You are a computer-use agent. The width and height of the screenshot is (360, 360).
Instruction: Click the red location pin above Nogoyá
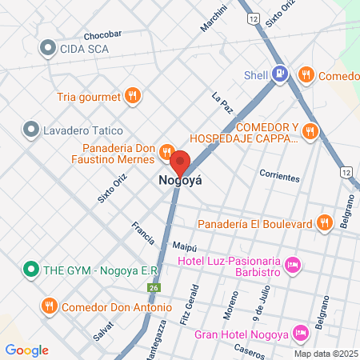pos(180,160)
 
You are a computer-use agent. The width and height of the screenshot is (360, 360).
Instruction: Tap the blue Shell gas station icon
pos(279,75)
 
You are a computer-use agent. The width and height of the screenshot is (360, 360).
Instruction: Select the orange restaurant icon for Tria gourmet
pos(133,97)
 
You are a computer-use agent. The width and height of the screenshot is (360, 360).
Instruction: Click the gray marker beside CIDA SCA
pos(49,49)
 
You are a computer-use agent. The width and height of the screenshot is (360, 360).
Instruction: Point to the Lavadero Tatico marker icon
pos(31,128)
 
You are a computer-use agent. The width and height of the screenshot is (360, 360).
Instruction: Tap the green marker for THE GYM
pos(31,270)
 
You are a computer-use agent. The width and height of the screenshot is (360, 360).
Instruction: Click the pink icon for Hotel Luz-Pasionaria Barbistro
pos(292,263)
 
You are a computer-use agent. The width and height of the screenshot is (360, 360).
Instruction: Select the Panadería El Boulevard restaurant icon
pos(323,223)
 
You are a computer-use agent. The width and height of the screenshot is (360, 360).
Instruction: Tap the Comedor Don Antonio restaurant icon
pos(49,306)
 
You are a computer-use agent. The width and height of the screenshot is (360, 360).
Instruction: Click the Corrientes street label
pos(279,174)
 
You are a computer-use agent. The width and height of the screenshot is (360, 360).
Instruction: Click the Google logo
pos(27,350)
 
